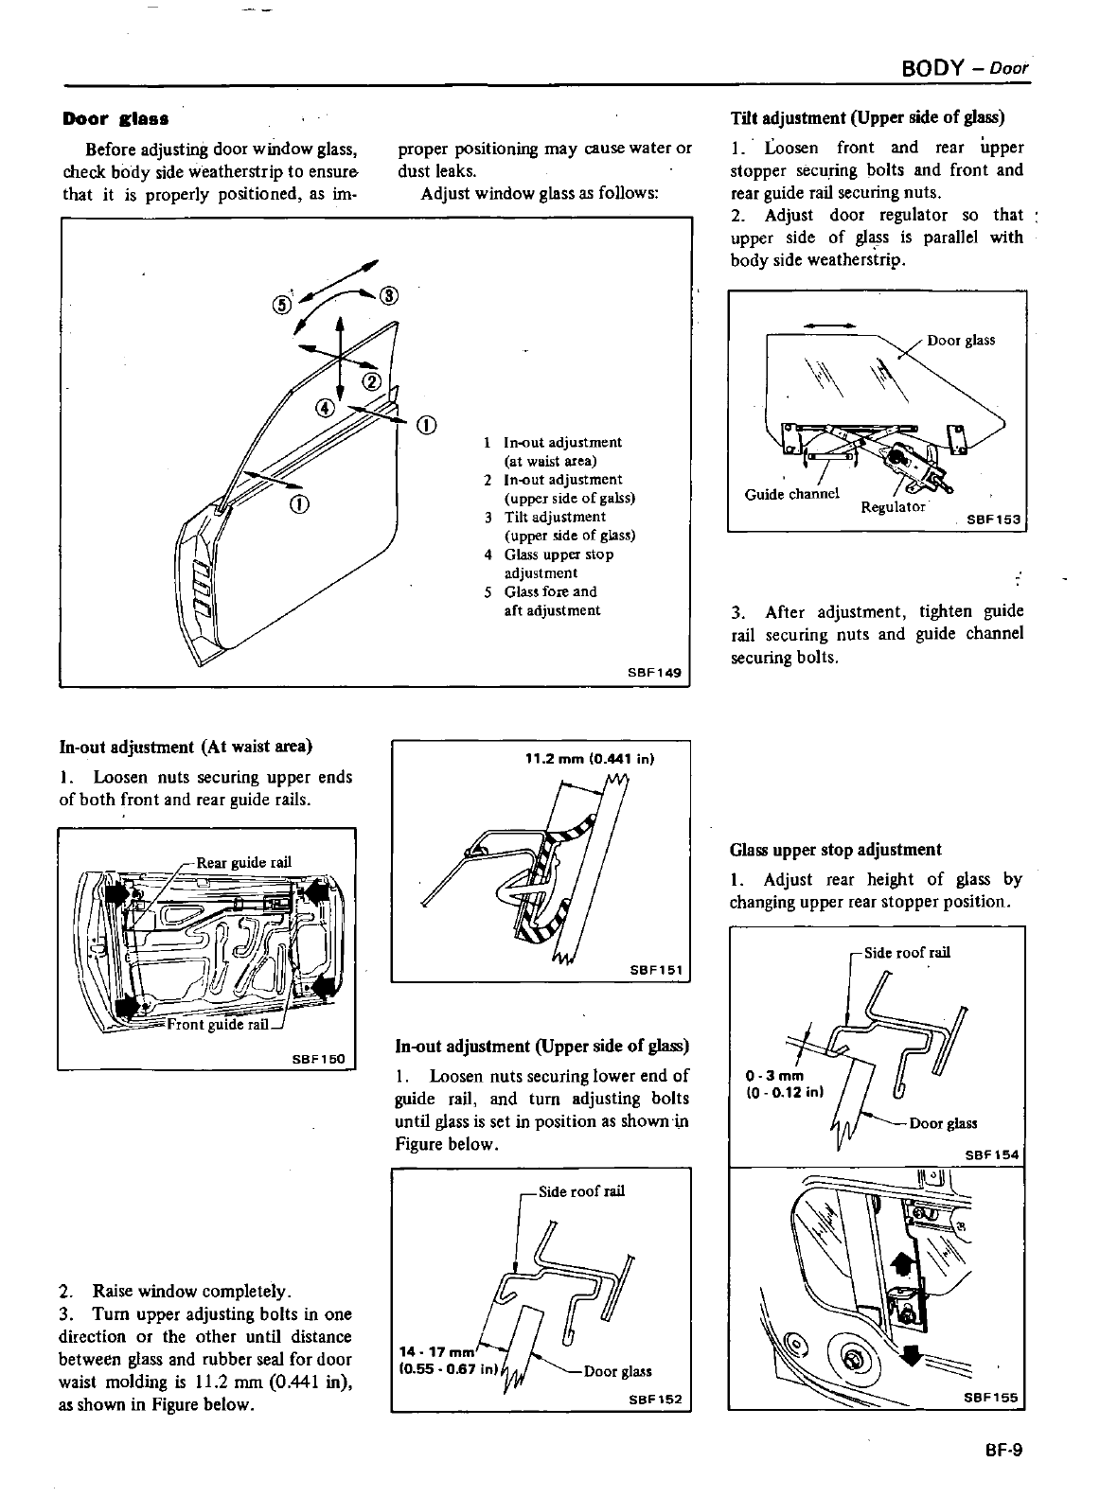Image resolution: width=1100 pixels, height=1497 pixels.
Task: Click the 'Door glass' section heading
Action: coord(115,119)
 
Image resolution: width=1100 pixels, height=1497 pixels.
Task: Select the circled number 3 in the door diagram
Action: coord(387,294)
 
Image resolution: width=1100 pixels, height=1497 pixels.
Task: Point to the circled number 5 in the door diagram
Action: coord(281,305)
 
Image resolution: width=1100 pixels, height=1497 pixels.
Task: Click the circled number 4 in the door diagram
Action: coord(324,408)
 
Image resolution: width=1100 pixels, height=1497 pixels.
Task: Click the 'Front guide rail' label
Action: coord(218,1025)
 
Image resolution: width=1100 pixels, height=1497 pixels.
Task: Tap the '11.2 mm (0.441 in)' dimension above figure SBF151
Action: coord(591,758)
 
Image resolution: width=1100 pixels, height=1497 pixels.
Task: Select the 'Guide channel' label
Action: coord(792,494)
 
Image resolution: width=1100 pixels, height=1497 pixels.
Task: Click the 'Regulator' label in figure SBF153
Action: coord(893,506)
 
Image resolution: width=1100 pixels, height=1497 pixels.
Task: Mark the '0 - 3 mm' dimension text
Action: coord(773,1077)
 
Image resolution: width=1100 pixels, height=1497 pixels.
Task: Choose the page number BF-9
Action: coord(1003,1449)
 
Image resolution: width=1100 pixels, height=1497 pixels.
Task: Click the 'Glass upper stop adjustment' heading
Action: coord(835,850)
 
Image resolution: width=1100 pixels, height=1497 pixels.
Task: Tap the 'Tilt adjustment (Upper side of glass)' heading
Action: coord(866,118)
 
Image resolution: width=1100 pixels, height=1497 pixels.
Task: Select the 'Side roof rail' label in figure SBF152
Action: coord(581,1191)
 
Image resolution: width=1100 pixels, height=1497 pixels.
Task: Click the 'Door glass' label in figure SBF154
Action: coord(943,1124)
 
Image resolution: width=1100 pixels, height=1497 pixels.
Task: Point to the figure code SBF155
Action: coord(991,1397)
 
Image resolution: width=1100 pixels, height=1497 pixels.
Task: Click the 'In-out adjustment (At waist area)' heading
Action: coord(186,746)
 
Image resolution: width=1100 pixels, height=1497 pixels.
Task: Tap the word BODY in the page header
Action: coord(931,70)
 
